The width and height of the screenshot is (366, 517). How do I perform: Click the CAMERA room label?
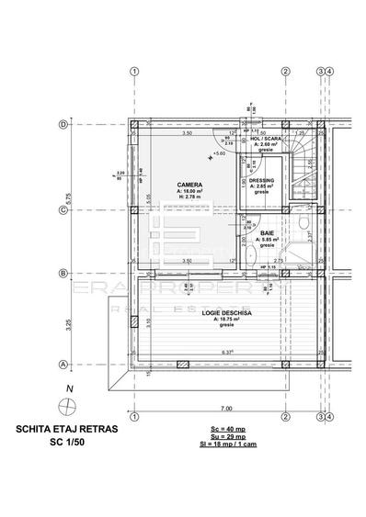pos(189,185)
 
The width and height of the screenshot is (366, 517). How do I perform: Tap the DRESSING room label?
pos(262,180)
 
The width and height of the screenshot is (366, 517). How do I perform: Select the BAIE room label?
pos(267,234)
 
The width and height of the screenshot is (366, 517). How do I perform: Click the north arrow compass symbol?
pos(64,402)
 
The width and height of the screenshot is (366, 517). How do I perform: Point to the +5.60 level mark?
pos(218,153)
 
